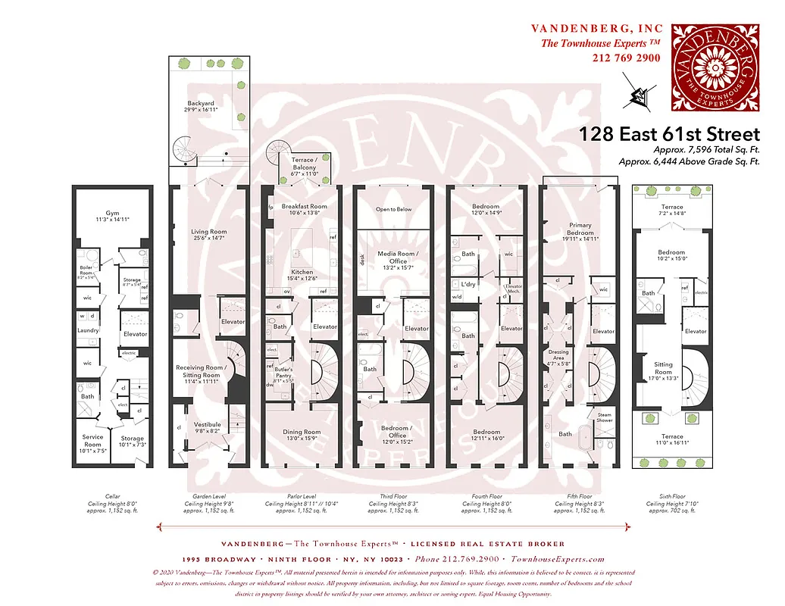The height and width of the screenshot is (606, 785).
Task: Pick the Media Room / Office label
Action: tap(393, 258)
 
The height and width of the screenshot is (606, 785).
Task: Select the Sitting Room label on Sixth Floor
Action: tap(663, 368)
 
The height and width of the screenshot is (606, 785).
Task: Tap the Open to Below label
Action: tap(393, 210)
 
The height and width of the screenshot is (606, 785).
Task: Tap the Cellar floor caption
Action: tap(112, 497)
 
